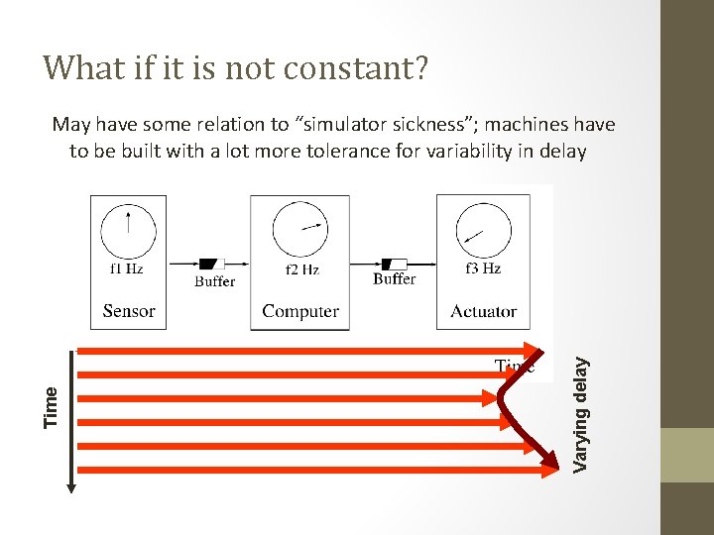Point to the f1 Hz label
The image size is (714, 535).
pos(128,268)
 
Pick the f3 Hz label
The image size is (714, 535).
pos(483,268)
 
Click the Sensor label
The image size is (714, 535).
pos(129,311)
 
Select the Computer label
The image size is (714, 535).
pos(299,311)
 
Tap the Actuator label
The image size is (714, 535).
pos(483,311)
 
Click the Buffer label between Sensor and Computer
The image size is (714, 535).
pos(214,281)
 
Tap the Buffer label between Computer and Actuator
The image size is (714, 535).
pos(394,279)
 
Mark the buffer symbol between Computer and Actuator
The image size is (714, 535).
pos(395,264)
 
